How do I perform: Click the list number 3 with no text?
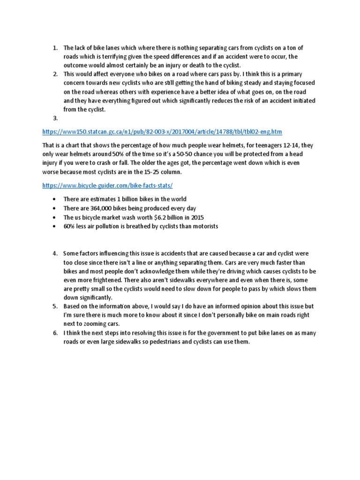tap(55, 119)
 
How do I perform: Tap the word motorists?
tap(203, 226)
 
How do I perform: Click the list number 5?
tap(55, 306)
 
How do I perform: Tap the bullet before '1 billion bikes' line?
tap(55, 199)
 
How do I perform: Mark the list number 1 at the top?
tap(55, 47)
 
